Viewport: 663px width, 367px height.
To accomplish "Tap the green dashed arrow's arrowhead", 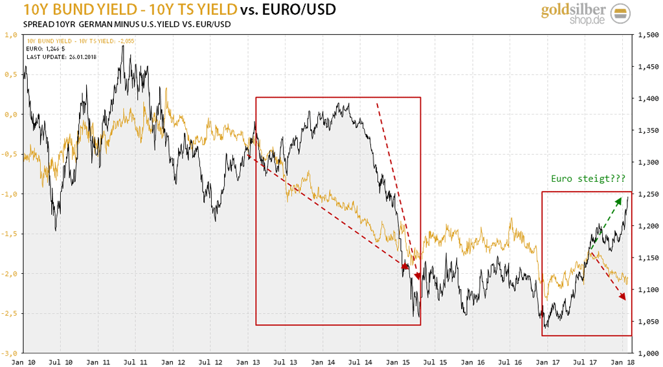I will click(619, 199).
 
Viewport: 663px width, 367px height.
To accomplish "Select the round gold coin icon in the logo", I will click(620, 14).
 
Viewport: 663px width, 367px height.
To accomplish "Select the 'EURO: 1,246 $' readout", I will click(45, 49).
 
